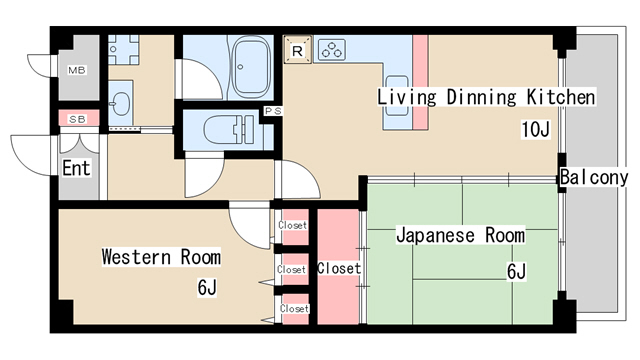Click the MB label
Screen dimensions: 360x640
(x=76, y=71)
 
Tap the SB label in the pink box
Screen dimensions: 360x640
(x=76, y=119)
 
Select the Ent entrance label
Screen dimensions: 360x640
(x=76, y=168)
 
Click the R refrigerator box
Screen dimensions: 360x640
(x=296, y=47)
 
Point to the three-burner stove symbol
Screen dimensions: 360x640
(x=331, y=48)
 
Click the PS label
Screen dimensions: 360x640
(x=272, y=110)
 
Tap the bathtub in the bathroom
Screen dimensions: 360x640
(x=248, y=62)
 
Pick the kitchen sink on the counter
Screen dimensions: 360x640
(x=397, y=97)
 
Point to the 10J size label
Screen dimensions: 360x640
(x=535, y=129)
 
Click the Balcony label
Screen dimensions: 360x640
(x=594, y=177)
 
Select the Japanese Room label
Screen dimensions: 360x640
(x=460, y=236)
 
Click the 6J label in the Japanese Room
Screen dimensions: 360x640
(x=516, y=270)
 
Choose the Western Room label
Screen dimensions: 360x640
(x=161, y=257)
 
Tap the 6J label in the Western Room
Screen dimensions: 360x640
(x=207, y=289)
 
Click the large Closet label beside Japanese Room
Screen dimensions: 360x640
(x=339, y=268)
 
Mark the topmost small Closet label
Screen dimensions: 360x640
(x=293, y=225)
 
